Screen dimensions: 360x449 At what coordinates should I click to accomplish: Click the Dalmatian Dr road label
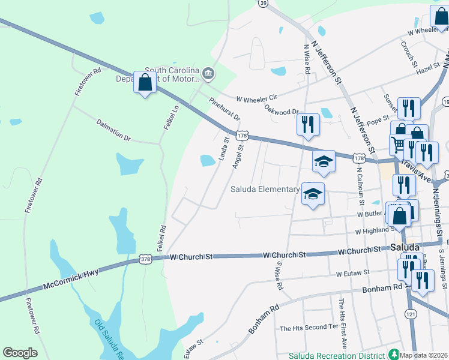113,129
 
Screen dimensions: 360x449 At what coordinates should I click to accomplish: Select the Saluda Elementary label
265,189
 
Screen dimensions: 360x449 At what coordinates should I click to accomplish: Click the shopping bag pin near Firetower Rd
145,83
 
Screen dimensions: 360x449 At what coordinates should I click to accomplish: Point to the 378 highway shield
145,259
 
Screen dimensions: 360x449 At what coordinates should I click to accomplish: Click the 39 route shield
263,3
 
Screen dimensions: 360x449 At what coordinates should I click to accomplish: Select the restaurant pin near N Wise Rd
308,125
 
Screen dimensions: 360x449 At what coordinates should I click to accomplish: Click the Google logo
20,353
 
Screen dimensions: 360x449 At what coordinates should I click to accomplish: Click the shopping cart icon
397,144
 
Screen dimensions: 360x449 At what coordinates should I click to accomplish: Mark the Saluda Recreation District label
336,355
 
